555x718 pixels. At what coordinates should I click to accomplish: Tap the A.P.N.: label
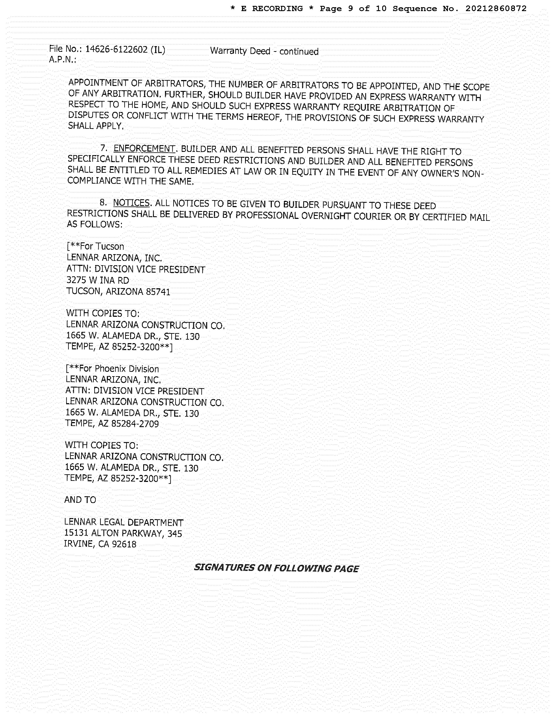(62, 60)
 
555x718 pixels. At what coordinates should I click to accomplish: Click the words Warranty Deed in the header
(240, 51)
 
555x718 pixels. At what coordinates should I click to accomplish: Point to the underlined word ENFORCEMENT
(144, 149)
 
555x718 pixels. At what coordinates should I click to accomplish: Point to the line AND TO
(80, 500)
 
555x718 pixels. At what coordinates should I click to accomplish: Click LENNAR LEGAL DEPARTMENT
(124, 522)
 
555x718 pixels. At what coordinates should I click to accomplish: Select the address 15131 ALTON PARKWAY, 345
(123, 533)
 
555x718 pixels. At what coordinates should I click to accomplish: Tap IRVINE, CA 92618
(100, 544)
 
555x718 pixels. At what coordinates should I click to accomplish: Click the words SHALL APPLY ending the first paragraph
(95, 126)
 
